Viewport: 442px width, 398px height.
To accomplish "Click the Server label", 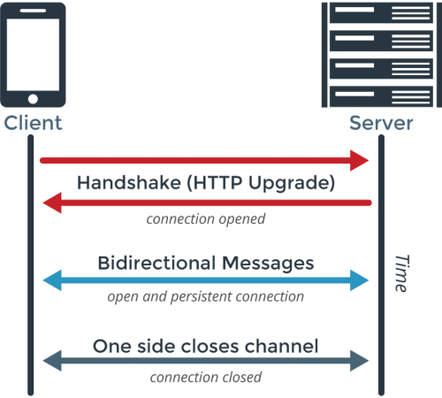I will coord(379,122).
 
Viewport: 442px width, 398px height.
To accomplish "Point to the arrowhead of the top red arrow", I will coord(361,160).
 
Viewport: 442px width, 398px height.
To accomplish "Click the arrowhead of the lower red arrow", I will coord(50,203).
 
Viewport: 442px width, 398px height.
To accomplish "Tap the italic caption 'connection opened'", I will coord(206,218).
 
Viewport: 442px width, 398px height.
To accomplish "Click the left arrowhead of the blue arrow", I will coord(50,280).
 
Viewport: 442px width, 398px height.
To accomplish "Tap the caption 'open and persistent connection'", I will coord(206,297).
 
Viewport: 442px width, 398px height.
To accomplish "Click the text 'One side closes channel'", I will coord(206,344).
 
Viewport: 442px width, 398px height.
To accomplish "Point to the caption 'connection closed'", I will coord(206,378).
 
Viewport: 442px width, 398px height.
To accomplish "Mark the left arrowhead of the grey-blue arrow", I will coord(50,361).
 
